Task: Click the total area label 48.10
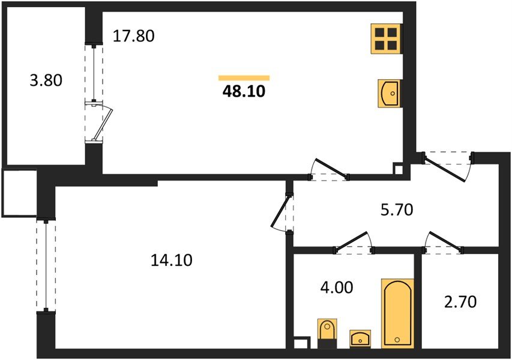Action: [244, 92]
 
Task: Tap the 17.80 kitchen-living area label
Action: [133, 36]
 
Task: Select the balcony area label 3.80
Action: [46, 80]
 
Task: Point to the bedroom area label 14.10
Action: [172, 260]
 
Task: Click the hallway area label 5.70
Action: [397, 209]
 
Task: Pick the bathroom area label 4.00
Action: [337, 288]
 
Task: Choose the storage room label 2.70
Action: [460, 302]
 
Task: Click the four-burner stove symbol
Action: [386, 39]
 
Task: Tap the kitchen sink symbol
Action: [389, 94]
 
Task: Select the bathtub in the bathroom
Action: [397, 313]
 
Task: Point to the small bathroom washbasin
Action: [360, 339]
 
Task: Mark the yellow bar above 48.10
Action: [244, 77]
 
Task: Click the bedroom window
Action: [46, 265]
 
